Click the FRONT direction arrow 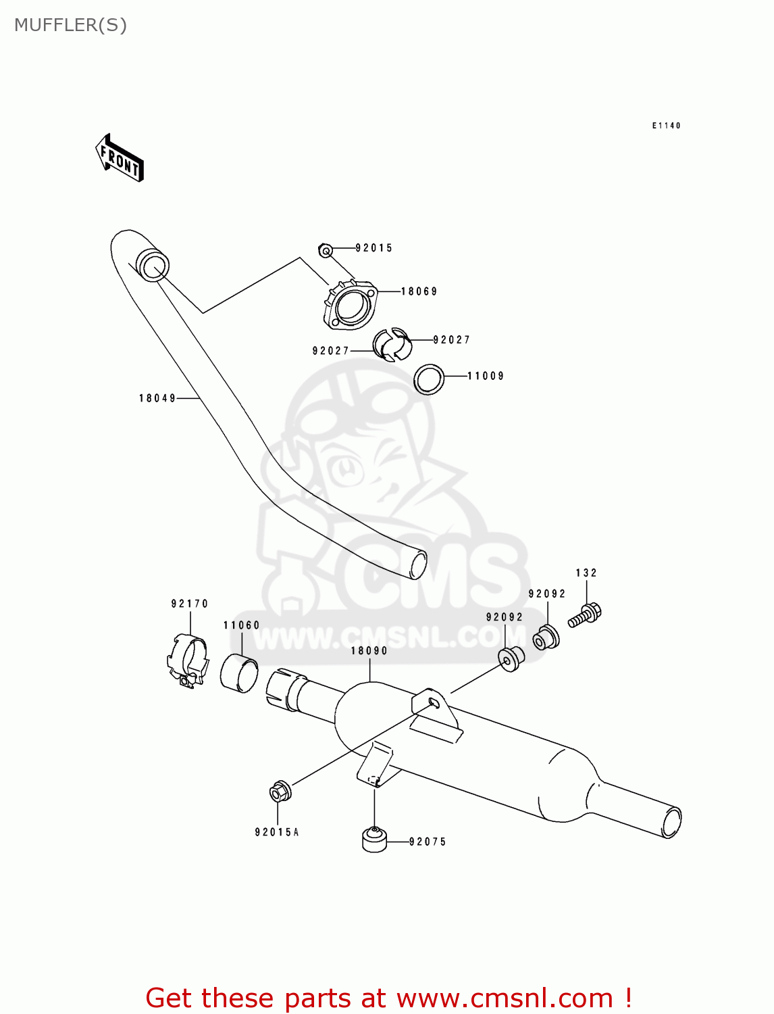point(120,158)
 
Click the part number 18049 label point(157,398)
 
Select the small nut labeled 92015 point(325,251)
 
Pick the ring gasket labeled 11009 point(429,379)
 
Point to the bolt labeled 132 point(585,615)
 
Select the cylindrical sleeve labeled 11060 point(239,673)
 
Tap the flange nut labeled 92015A point(280,791)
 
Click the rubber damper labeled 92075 point(374,839)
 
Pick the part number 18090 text point(369,650)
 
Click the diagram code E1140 point(666,126)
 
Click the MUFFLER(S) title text point(70,25)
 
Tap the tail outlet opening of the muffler point(671,823)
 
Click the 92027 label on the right point(451,340)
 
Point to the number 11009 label point(486,376)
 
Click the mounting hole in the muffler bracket point(434,703)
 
